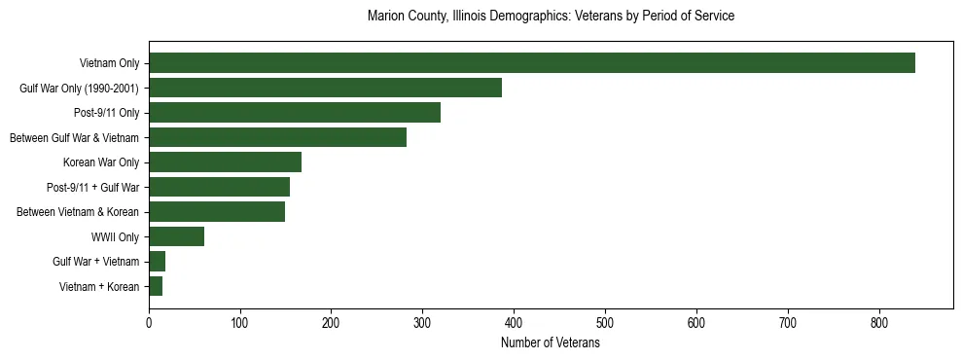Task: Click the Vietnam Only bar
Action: coord(531,63)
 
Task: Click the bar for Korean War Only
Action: coord(225,162)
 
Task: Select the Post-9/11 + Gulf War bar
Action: coord(219,187)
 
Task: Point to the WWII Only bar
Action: coord(176,236)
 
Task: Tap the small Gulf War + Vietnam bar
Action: coord(157,261)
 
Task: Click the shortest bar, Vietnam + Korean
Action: coord(156,286)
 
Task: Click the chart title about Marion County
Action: coord(551,17)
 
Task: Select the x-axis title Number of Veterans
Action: coord(551,343)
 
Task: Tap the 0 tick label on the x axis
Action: coord(149,323)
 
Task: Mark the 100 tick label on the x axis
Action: coord(240,323)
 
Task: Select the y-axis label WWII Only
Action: coord(115,236)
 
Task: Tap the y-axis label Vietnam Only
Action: coord(109,63)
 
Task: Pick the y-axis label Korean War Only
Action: coord(101,162)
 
